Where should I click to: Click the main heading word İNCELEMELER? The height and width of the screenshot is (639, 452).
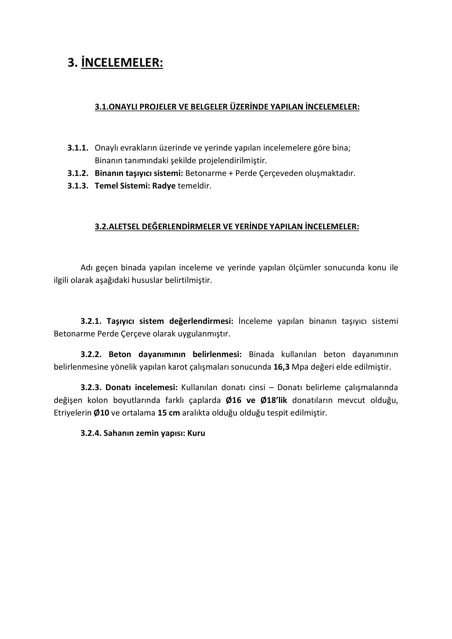coord(122,63)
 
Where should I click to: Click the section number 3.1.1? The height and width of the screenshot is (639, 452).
coord(78,148)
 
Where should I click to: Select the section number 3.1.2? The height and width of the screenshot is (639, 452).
coord(78,173)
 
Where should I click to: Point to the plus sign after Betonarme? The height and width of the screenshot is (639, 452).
coord(231,173)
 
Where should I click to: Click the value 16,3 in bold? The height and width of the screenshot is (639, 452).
coord(281,367)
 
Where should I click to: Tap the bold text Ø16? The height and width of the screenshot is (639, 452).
coord(233,400)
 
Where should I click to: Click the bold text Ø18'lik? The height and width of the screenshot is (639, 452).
coord(273,400)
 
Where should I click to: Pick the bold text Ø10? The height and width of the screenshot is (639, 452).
coord(101,413)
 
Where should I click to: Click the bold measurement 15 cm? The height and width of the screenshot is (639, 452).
coord(169,413)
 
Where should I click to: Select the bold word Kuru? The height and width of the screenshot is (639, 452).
coord(196,433)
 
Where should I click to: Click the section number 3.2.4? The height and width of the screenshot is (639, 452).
coord(91,433)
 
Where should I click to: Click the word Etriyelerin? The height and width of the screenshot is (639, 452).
coord(72,413)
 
